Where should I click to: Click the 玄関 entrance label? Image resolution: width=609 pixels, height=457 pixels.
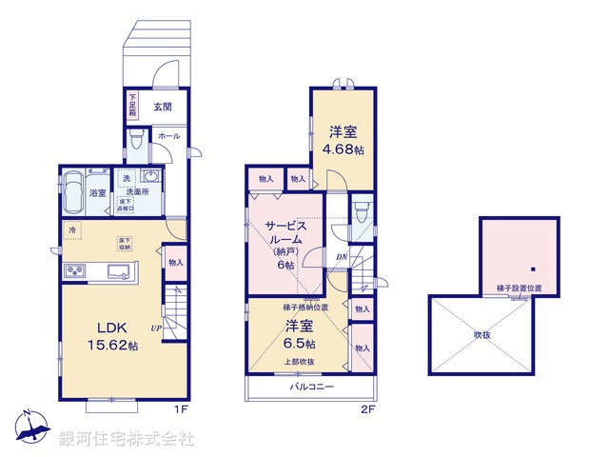click(x=164, y=106)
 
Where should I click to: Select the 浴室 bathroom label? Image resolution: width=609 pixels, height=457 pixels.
click(x=98, y=192)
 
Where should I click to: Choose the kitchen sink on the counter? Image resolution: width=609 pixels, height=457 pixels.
click(x=122, y=271)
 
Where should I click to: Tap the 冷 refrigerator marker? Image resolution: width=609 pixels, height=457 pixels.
click(x=73, y=229)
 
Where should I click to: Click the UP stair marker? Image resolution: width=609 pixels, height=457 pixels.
click(x=155, y=328)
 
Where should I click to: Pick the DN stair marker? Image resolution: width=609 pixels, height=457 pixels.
click(x=341, y=256)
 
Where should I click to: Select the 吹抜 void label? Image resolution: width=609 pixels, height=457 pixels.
click(x=481, y=334)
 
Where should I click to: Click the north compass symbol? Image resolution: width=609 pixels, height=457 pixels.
click(x=30, y=427)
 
